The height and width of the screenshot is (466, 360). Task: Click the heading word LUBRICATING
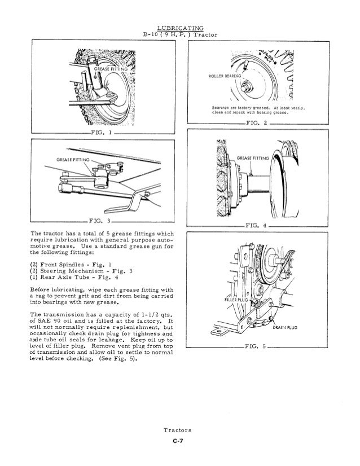(180, 28)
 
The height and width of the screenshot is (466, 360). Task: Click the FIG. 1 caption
(102, 133)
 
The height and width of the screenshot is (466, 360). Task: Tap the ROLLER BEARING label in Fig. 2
(224, 75)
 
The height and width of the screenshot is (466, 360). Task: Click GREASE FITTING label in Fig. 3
(74, 160)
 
